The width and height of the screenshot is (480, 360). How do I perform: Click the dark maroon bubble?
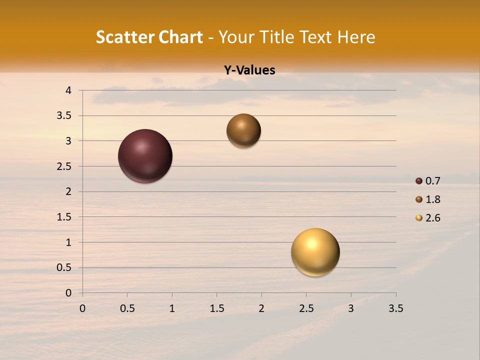pyautogui.click(x=145, y=156)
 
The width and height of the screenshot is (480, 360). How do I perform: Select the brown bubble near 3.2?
pyautogui.click(x=243, y=130)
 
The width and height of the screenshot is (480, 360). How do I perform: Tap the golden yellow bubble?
pyautogui.click(x=315, y=252)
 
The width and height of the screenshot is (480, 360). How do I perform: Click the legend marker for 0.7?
pyautogui.click(x=419, y=181)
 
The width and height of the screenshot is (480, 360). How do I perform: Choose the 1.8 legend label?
pyautogui.click(x=433, y=199)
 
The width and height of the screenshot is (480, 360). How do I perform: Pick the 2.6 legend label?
pyautogui.click(x=433, y=218)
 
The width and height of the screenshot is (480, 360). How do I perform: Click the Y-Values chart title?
pyautogui.click(x=249, y=70)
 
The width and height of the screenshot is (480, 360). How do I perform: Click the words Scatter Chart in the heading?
pyautogui.click(x=149, y=37)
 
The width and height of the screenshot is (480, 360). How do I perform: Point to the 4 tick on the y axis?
pyautogui.click(x=68, y=90)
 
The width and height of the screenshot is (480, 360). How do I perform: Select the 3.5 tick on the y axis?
pyautogui.click(x=64, y=116)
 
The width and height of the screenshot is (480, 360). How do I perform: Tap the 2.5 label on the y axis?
pyautogui.click(x=64, y=166)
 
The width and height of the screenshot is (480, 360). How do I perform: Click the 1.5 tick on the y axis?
pyautogui.click(x=64, y=217)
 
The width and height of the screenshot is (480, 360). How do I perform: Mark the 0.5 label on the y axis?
pyautogui.click(x=64, y=267)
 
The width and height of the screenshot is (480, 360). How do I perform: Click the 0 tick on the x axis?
pyautogui.click(x=82, y=308)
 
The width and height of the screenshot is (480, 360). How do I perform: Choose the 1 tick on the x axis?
pyautogui.click(x=172, y=308)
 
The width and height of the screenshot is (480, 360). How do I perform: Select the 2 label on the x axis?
pyautogui.click(x=261, y=308)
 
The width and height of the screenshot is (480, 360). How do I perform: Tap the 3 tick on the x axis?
pyautogui.click(x=351, y=308)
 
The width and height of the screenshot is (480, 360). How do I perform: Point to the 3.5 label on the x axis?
pyautogui.click(x=395, y=308)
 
